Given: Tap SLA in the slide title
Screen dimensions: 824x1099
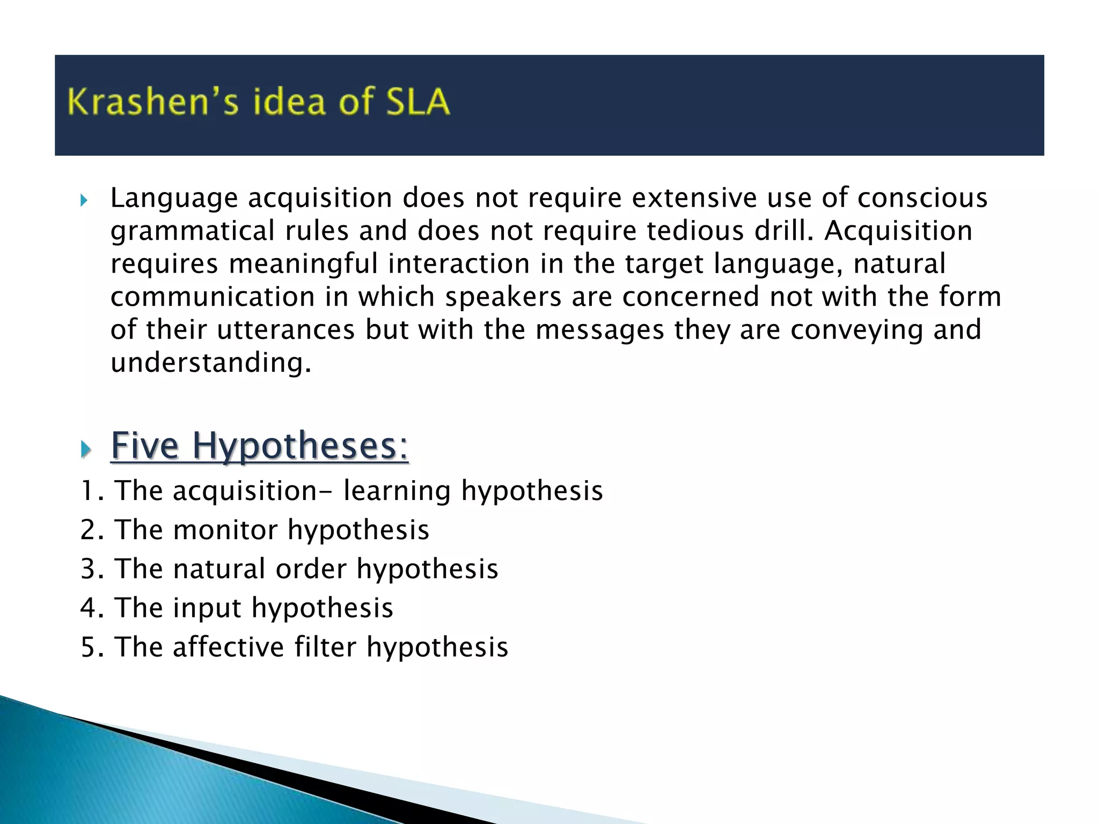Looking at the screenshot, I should (x=417, y=102).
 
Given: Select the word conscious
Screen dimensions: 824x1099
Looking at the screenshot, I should (x=922, y=198).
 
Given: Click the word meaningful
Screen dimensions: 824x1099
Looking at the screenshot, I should (x=303, y=264).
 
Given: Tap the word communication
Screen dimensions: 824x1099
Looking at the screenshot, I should (x=213, y=297).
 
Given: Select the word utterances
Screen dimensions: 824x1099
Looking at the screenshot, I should (x=285, y=329).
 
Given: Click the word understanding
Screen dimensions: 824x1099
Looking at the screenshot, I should (x=210, y=363).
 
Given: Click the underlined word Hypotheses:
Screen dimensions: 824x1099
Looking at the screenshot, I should (x=300, y=446).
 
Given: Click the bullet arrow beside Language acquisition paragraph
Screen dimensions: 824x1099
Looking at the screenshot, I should (x=84, y=201).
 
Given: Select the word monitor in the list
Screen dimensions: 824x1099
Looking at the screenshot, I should (x=225, y=530).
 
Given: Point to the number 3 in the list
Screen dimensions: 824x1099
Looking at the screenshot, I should (x=87, y=569).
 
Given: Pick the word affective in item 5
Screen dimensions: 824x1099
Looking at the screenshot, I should (x=228, y=647).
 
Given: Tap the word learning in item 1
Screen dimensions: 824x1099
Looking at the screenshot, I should (x=397, y=491).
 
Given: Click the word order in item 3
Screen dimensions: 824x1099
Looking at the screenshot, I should (x=311, y=569).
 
